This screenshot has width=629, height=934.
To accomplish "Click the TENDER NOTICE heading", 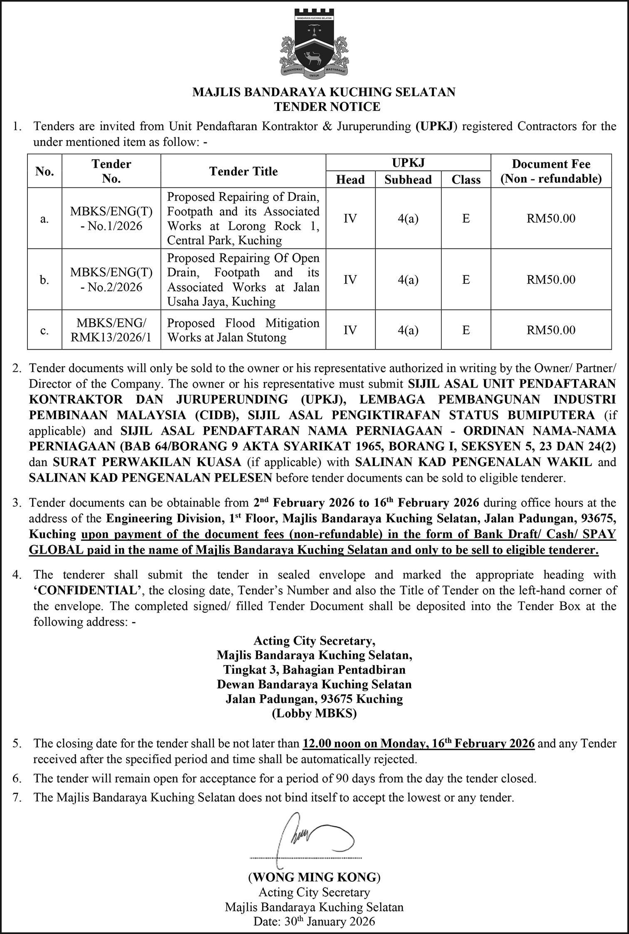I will tap(327, 107).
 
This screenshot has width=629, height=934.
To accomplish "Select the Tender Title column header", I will tap(243, 171).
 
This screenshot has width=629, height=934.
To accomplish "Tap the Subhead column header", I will tap(408, 179).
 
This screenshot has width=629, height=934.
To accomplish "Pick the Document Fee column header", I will tap(551, 171).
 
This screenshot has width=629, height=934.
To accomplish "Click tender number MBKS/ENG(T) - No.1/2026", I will tap(111, 219).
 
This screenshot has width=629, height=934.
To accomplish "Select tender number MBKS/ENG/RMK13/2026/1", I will tap(111, 330).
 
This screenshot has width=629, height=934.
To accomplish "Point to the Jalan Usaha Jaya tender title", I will tap(243, 280).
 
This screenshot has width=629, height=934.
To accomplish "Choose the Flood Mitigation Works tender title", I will tap(243, 330).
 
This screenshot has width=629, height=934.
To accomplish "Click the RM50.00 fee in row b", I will tap(551, 280).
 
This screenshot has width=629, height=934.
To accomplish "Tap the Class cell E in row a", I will tap(466, 219).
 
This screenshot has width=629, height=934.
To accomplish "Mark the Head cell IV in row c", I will tap(350, 330).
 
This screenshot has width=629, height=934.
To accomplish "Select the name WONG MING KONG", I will tap(314, 877).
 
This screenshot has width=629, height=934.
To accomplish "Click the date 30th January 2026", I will tap(314, 921).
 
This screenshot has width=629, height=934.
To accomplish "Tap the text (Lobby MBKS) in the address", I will tap(314, 713).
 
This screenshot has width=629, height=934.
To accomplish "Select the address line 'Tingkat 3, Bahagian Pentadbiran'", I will tap(314, 670).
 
